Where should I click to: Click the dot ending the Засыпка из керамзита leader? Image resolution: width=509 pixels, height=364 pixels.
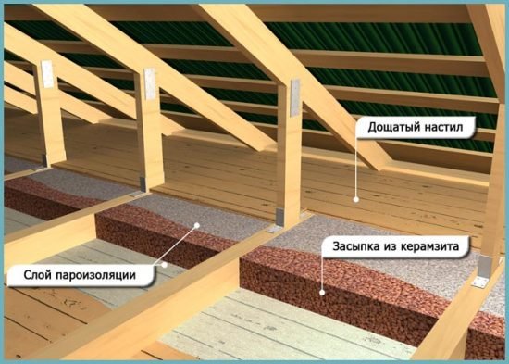[320, 291]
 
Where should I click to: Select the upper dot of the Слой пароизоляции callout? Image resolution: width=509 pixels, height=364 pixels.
[196, 226]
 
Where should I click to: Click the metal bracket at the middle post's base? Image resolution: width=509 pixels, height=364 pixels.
[141, 179]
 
